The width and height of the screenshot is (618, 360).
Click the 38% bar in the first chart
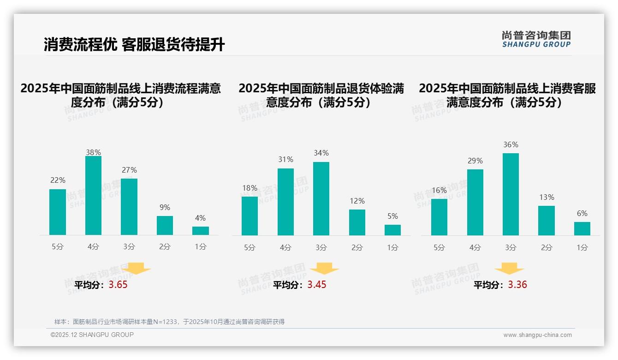pos(93,196)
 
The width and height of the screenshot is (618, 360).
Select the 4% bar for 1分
pos(201,231)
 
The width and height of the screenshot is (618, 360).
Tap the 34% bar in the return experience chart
pos(321,198)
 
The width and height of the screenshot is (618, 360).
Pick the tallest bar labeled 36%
pos(511,194)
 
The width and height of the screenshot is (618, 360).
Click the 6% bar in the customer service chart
pos(582,228)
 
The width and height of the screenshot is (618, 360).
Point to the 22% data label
pos(58,180)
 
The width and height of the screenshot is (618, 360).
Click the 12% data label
pos(357,201)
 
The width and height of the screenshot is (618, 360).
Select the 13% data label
pos(547,197)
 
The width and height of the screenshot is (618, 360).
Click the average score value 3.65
pos(118,285)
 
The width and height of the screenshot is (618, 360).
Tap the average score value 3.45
pos(317,285)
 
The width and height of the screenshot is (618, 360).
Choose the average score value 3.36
pos(517,285)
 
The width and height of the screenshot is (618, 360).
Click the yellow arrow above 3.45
pos(324,269)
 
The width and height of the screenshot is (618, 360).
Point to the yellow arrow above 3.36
pos(509,269)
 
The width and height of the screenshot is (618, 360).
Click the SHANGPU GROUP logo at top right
pos(536,39)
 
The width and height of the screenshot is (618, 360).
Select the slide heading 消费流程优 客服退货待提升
pos(134,45)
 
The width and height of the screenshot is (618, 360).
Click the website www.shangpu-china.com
pos(537,335)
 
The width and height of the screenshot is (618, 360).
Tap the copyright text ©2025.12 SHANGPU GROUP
pos(92,335)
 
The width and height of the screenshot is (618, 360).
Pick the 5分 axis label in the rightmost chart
pos(439,248)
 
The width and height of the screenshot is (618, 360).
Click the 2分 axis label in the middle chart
pos(357,248)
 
